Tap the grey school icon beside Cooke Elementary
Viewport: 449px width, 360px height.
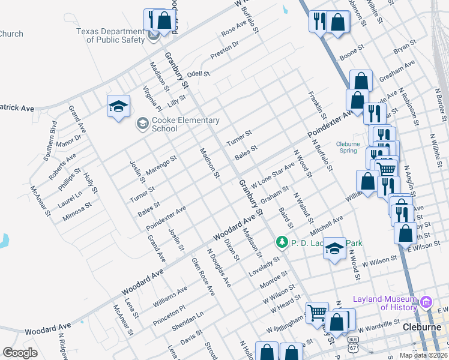[x=142, y=124]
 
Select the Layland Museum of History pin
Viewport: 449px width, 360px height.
[x=427, y=301]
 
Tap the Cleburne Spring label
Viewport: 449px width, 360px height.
[x=348, y=148]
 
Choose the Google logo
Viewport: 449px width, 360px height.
[x=20, y=352]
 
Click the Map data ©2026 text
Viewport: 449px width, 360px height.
[x=423, y=355]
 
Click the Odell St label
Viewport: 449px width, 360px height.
[x=197, y=73]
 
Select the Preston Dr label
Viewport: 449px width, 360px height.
[x=224, y=50]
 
